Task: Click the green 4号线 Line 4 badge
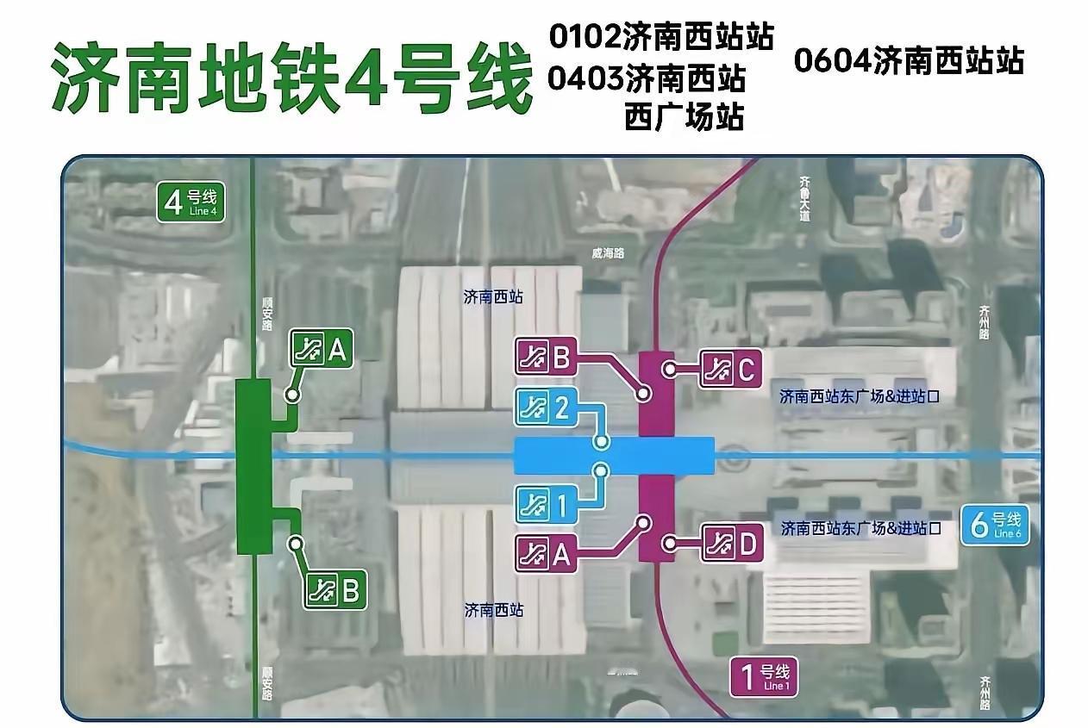(x=191, y=202)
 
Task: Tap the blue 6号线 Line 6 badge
(x=995, y=524)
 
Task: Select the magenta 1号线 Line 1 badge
(x=763, y=676)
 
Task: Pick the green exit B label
(x=337, y=591)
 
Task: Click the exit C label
(x=730, y=370)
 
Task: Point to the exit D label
(x=732, y=544)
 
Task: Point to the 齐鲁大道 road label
(x=805, y=199)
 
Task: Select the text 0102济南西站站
(x=661, y=38)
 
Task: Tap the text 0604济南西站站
(x=909, y=61)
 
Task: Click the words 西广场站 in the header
(x=684, y=116)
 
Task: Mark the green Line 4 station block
(x=253, y=465)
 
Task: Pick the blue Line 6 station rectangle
(x=614, y=455)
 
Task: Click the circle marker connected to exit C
(x=669, y=370)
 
